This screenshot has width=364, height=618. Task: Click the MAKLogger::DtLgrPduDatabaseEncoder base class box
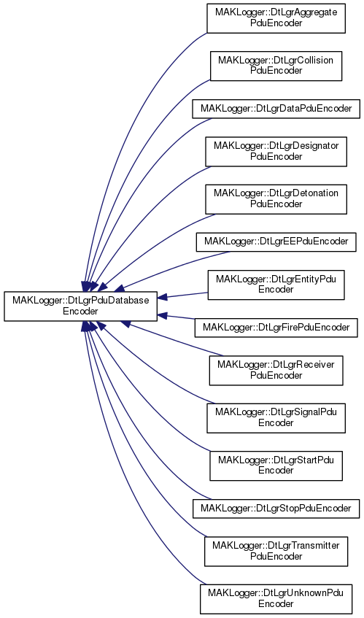tap(81, 306)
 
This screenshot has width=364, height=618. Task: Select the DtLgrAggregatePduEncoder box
tap(276, 18)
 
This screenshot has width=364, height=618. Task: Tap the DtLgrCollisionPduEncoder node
tap(276, 66)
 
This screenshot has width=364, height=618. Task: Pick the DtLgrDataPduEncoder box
tap(276, 109)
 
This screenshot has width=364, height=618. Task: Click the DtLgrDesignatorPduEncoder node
tap(276, 151)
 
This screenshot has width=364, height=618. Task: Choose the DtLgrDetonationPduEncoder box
tap(276, 199)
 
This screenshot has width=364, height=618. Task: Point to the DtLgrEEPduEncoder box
tap(276, 242)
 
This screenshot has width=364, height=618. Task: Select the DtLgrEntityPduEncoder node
tap(276, 285)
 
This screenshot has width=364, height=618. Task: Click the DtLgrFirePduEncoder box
tap(276, 328)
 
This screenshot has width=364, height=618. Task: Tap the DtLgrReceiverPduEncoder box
tap(276, 371)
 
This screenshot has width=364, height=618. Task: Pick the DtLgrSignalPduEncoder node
tap(276, 418)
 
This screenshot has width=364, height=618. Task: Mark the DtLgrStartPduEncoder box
tap(276, 466)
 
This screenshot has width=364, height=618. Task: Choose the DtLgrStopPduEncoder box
tap(276, 509)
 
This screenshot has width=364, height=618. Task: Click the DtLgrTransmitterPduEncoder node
tap(276, 551)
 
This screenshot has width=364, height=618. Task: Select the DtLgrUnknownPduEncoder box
tap(276, 599)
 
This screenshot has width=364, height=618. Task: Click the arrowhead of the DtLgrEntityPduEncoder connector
tap(162, 298)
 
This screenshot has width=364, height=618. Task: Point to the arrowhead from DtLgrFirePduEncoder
tap(162, 315)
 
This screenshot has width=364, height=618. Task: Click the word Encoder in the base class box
tap(80, 312)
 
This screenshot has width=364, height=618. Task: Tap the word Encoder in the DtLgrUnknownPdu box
tap(276, 604)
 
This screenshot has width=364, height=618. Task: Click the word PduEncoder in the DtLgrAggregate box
tap(276, 23)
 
